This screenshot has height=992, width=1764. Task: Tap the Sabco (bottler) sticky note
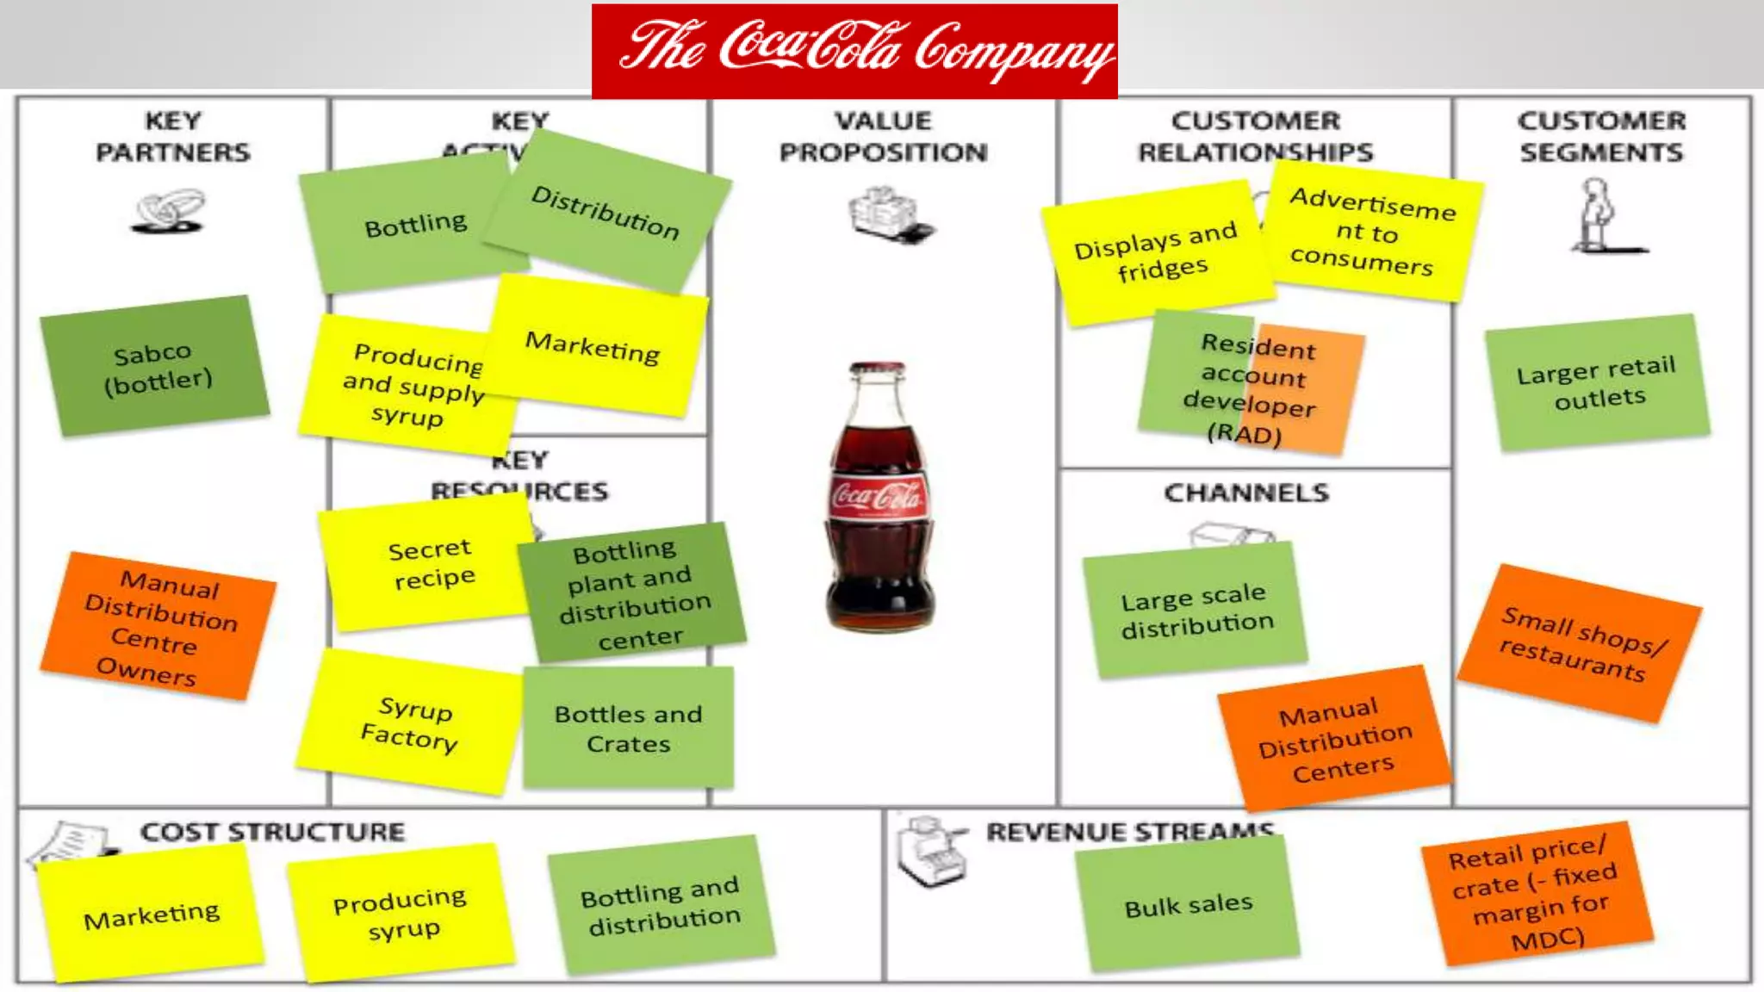155,367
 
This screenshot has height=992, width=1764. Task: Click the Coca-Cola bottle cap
878,371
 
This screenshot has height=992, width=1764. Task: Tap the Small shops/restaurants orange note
1579,643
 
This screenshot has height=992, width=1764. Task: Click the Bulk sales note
1188,904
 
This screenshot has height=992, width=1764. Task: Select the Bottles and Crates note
628,728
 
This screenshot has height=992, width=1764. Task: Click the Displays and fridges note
1156,253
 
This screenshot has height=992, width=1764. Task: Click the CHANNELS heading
1246,493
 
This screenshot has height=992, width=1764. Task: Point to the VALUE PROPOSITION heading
883,136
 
